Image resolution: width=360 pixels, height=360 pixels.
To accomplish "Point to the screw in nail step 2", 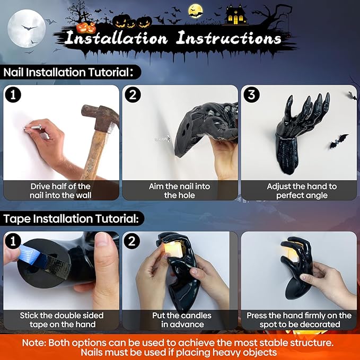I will click(x=162, y=139).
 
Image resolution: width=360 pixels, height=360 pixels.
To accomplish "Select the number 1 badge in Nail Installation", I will click(x=12, y=95).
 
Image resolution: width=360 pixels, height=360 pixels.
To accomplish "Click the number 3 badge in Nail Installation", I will click(x=250, y=95).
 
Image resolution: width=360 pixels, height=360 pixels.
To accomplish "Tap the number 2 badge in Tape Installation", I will click(x=131, y=241).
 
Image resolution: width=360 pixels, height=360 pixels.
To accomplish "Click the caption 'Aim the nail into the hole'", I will click(x=180, y=191).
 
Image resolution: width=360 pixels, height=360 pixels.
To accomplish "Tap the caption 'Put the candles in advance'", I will click(x=180, y=320).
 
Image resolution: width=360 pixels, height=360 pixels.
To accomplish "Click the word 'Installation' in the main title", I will click(x=118, y=39).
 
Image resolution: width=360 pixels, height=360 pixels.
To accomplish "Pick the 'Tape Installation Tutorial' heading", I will click(x=71, y=218).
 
